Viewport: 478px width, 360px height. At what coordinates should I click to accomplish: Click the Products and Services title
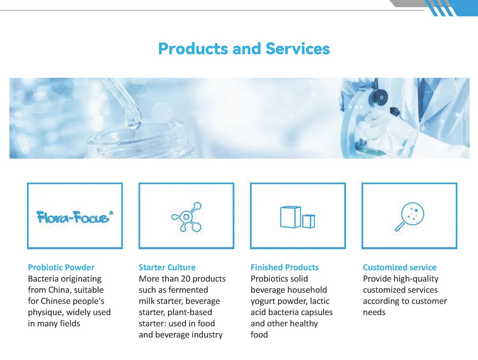[x=244, y=49]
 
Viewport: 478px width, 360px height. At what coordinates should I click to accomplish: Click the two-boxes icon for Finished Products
[x=297, y=217]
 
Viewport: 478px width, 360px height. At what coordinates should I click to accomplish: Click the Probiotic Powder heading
[x=61, y=267]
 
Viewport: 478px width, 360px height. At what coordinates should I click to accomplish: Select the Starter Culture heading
[x=167, y=267]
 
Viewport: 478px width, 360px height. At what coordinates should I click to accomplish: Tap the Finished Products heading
[x=284, y=267]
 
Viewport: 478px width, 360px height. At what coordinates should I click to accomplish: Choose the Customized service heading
[x=399, y=267]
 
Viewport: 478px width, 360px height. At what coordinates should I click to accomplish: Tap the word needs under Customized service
[x=374, y=312]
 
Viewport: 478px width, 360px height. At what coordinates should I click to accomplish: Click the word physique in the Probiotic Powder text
[x=44, y=312]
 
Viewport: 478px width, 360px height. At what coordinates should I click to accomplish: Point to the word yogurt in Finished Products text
[x=262, y=301]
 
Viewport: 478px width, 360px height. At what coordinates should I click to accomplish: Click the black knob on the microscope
[x=382, y=96]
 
